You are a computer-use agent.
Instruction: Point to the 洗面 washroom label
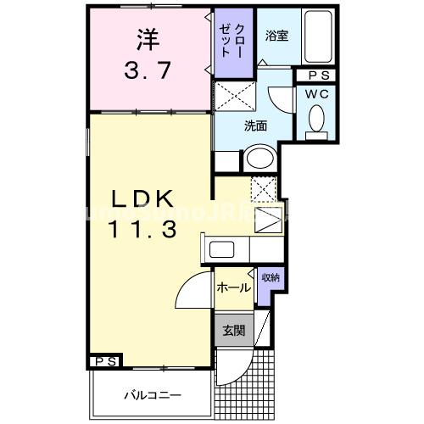point(256,126)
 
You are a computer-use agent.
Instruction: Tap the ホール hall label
point(232,287)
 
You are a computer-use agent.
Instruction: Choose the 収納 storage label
point(270,276)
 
